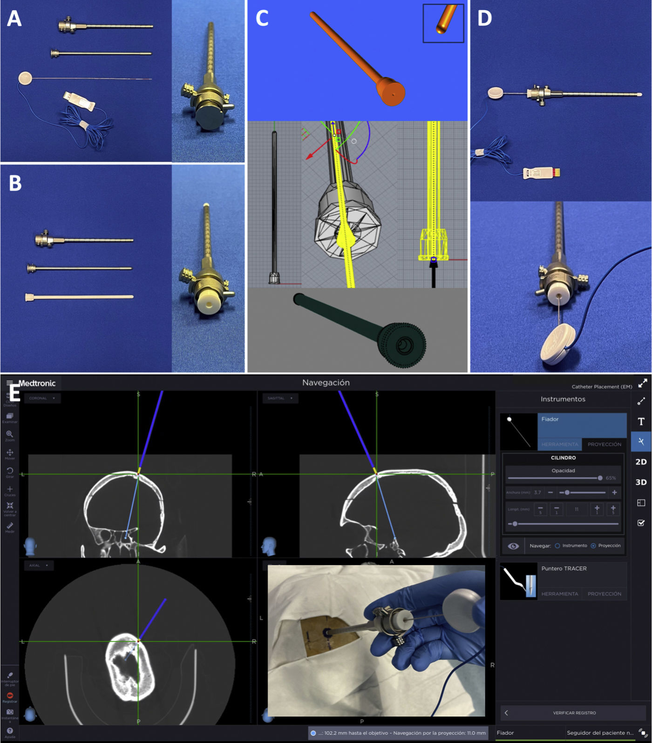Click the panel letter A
tap(14, 19)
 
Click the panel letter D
tap(484, 19)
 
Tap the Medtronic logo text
tap(37, 383)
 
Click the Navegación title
tap(326, 383)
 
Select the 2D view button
tap(641, 462)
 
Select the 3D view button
tap(641, 482)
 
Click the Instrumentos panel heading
tap(563, 399)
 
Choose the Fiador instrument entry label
tap(550, 419)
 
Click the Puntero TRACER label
tap(564, 568)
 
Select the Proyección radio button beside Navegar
tap(593, 546)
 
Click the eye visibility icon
tap(513, 546)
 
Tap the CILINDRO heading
tap(563, 458)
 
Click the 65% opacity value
tap(611, 478)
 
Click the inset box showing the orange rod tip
tap(443, 23)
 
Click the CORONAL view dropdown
tap(42, 398)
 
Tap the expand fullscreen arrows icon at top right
tap(643, 383)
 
